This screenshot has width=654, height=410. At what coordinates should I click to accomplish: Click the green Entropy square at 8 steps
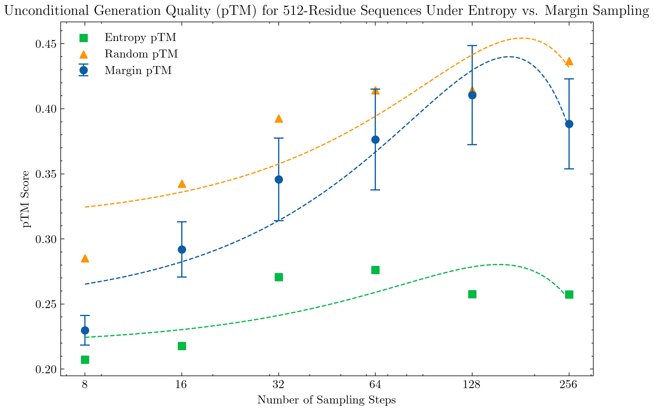(x=85, y=360)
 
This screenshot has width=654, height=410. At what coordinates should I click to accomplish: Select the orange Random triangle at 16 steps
(x=182, y=184)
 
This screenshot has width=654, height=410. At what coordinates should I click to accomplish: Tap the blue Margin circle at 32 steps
(x=279, y=179)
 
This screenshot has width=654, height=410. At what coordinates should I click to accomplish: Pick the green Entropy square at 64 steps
(x=375, y=270)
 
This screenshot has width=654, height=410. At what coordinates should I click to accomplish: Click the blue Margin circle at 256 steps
(x=569, y=124)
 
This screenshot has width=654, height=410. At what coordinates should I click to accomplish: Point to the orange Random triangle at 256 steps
(x=569, y=61)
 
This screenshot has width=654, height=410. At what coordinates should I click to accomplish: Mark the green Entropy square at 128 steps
(x=472, y=294)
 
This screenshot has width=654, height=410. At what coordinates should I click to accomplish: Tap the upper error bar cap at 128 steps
(x=472, y=46)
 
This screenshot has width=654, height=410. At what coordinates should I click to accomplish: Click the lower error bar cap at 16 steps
(x=182, y=277)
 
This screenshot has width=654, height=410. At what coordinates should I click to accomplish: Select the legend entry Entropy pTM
(x=140, y=37)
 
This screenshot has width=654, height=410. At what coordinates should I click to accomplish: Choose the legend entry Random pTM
(x=141, y=54)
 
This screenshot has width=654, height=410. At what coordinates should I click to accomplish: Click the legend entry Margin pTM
(x=138, y=70)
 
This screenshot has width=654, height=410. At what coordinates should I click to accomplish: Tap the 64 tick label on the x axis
(x=375, y=385)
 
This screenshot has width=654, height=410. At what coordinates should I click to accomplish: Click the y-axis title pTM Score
(x=26, y=199)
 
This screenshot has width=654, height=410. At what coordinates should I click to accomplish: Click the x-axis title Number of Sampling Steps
(x=327, y=400)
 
